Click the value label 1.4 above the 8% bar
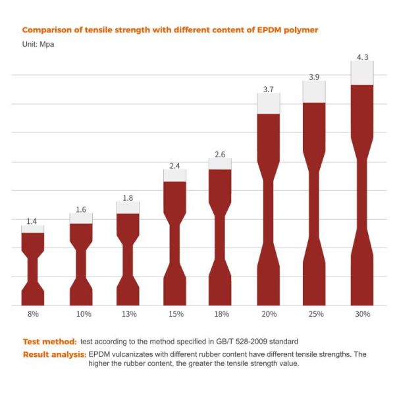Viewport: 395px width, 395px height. pos(32,221)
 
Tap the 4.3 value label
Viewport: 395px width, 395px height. pos(362,57)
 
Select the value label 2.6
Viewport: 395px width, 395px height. pos(220,155)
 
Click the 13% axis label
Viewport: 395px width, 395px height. pos(128,315)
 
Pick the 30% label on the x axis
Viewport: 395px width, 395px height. pos(362,315)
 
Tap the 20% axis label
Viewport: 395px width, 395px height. pos(269,315)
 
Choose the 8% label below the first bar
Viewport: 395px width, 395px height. pos(32,315)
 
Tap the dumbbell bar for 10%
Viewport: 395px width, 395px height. pos(81,263)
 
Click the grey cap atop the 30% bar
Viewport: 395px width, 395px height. pos(362,73)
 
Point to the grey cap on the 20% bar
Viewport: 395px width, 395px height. pos(269,103)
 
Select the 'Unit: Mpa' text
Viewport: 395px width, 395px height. pos(39,44)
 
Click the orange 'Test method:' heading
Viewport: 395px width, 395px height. pos(49,342)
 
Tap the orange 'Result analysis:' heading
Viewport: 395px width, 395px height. pos(54,354)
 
